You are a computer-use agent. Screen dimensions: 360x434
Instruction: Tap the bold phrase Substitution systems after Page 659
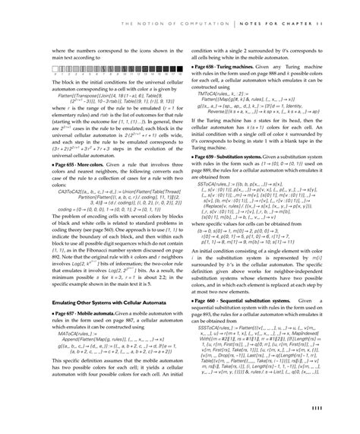click(249, 155)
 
